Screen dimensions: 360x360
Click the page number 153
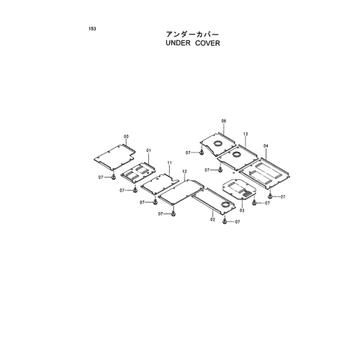click(92, 29)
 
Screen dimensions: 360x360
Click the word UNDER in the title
click(178, 43)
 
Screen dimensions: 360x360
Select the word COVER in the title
click(207, 43)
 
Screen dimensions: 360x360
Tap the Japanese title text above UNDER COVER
click(193, 35)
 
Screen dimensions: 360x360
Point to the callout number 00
click(126, 137)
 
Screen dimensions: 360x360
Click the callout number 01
click(148, 150)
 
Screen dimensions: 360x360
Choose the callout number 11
click(169, 163)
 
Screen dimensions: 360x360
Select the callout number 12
click(184, 171)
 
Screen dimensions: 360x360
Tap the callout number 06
click(224, 121)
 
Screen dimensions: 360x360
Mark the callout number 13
click(246, 134)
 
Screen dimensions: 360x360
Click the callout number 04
click(266, 146)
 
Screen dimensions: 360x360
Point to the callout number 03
click(242, 210)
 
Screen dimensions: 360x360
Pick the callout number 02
click(212, 220)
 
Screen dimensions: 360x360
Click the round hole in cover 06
click(218, 143)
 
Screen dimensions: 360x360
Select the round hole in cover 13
click(235, 154)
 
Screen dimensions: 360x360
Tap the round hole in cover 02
click(225, 204)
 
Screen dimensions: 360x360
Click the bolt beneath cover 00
click(113, 177)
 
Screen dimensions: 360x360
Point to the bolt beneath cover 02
click(225, 222)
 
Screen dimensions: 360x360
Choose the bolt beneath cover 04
click(270, 197)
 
